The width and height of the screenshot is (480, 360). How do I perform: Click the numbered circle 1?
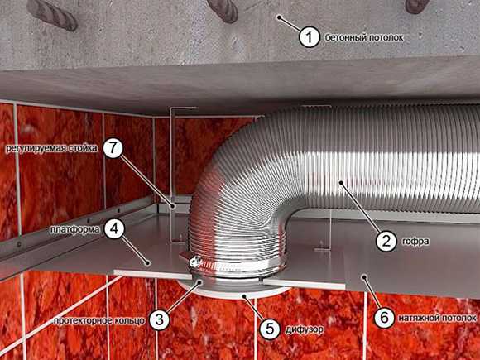(310, 37)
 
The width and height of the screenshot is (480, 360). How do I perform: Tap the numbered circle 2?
(386, 241)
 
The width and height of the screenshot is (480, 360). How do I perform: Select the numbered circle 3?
(159, 319)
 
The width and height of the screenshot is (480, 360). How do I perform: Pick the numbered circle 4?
(114, 229)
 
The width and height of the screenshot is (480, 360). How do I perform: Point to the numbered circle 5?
(270, 329)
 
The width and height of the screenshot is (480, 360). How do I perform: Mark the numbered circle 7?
(113, 148)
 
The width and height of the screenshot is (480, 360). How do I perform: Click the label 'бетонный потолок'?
(364, 37)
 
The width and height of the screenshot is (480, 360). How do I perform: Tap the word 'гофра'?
(415, 242)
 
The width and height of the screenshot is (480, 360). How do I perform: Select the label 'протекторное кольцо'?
(99, 320)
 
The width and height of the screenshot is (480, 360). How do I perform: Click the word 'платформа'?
(75, 229)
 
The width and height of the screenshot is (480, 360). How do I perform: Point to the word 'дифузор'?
(305, 329)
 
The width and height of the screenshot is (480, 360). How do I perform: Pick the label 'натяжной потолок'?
(437, 318)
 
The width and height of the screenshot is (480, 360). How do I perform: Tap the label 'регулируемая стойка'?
(52, 148)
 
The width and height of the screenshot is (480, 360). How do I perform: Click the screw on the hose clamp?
(195, 262)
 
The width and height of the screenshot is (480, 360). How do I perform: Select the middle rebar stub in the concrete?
(223, 11)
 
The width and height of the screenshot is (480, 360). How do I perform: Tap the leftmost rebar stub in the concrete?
(52, 14)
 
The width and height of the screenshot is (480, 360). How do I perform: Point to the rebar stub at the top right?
(416, 6)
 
